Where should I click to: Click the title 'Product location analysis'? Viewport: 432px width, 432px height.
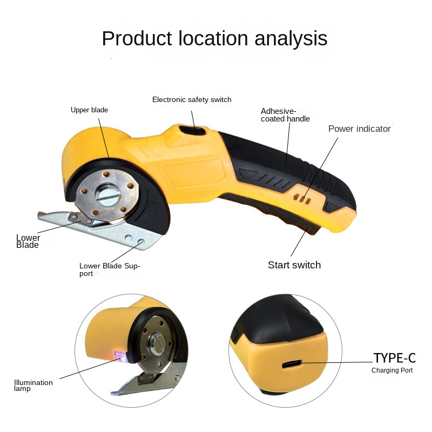point(214,39)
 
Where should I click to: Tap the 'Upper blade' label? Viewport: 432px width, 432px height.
point(90,110)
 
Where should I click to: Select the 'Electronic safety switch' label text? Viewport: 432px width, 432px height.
point(192,100)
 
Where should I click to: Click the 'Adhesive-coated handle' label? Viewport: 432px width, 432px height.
point(285,115)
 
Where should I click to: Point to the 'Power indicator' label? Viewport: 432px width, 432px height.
point(359,129)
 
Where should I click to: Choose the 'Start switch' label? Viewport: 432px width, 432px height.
point(294,265)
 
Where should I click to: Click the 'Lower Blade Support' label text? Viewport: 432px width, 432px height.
point(110,269)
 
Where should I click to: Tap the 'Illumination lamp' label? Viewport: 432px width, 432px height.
point(33,386)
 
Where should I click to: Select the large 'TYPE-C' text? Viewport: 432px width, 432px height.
point(395,358)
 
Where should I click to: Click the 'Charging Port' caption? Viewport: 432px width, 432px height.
point(392,370)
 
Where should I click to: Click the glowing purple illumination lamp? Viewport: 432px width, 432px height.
point(119,355)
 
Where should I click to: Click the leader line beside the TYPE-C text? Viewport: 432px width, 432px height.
point(337,362)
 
